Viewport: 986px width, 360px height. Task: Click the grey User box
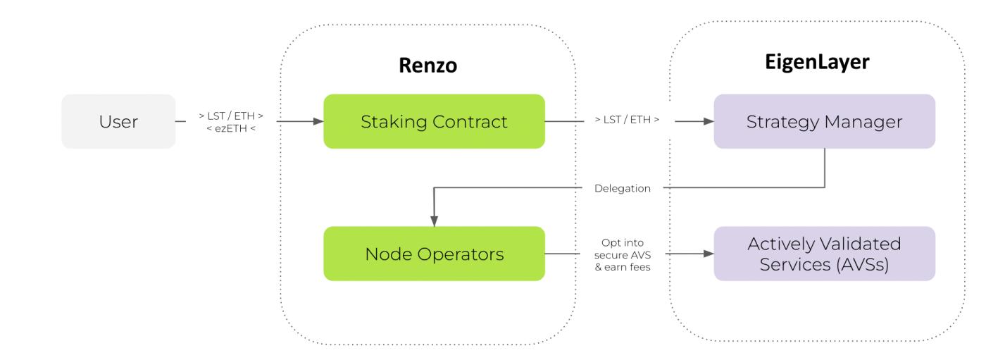tap(118, 121)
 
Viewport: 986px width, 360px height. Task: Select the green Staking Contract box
tap(434, 121)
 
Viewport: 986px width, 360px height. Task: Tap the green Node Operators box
tap(434, 254)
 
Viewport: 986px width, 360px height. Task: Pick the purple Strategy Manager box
tap(824, 121)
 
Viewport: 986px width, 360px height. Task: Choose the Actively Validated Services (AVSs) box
tap(824, 254)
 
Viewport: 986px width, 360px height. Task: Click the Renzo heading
tap(428, 66)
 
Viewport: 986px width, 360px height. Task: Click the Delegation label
tap(622, 189)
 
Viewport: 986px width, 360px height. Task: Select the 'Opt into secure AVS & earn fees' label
tap(623, 254)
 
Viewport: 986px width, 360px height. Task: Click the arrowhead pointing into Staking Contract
tap(318, 121)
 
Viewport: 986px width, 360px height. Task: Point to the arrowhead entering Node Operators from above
tap(434, 221)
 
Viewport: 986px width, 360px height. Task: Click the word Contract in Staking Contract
tap(472, 121)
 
